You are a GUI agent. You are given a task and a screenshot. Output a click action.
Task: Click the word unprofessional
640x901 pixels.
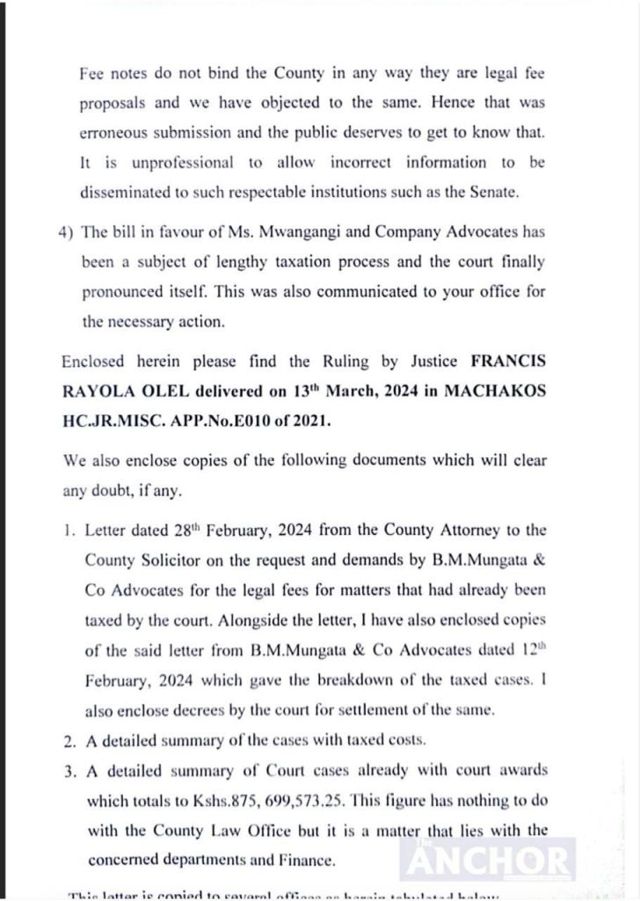(x=166, y=162)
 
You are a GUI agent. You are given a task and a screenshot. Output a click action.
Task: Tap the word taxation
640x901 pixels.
(x=323, y=261)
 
